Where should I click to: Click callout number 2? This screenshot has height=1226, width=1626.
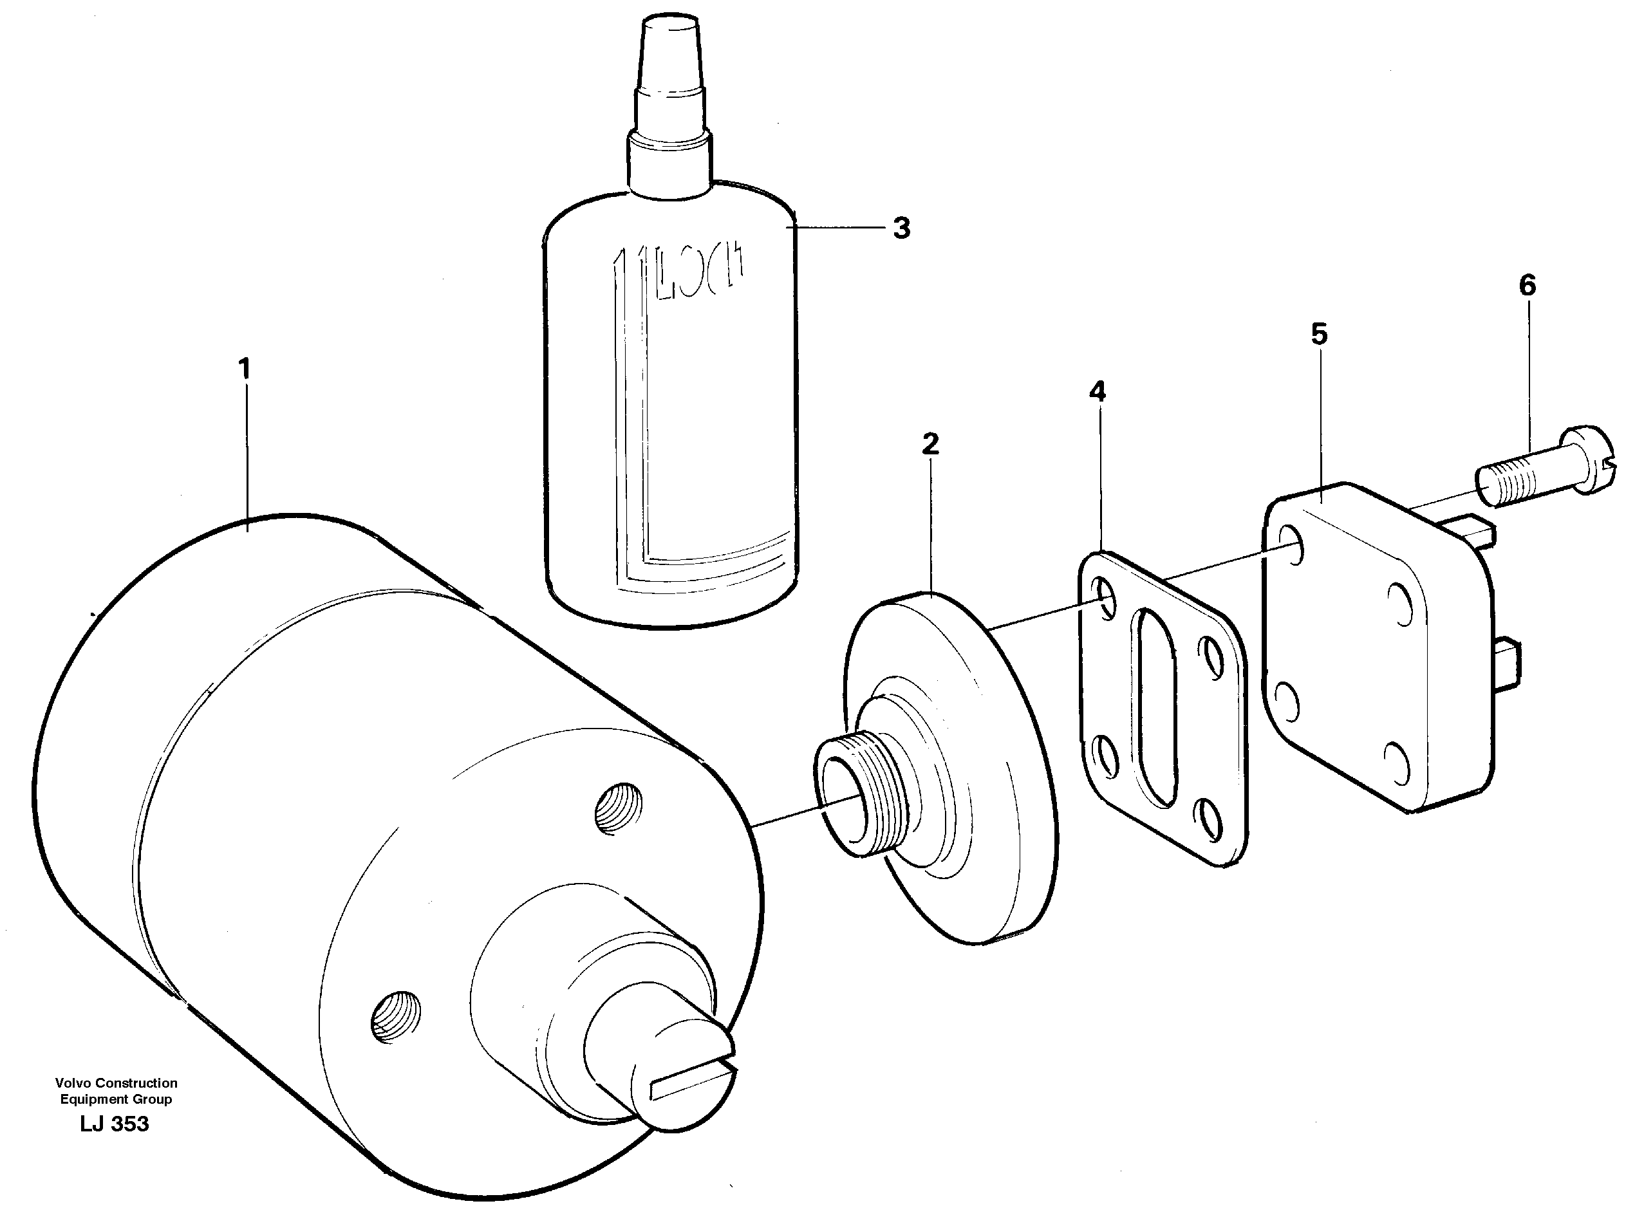coord(930,444)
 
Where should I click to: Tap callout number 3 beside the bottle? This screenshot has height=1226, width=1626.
coord(901,228)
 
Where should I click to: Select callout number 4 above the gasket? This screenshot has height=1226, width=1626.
coord(1097,392)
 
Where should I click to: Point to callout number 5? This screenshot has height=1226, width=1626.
coord(1320,335)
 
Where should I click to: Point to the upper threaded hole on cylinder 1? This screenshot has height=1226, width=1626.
coord(617,809)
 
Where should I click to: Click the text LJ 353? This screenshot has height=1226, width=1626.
coord(114,1124)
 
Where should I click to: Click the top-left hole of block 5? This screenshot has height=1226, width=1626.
coord(1291,544)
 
